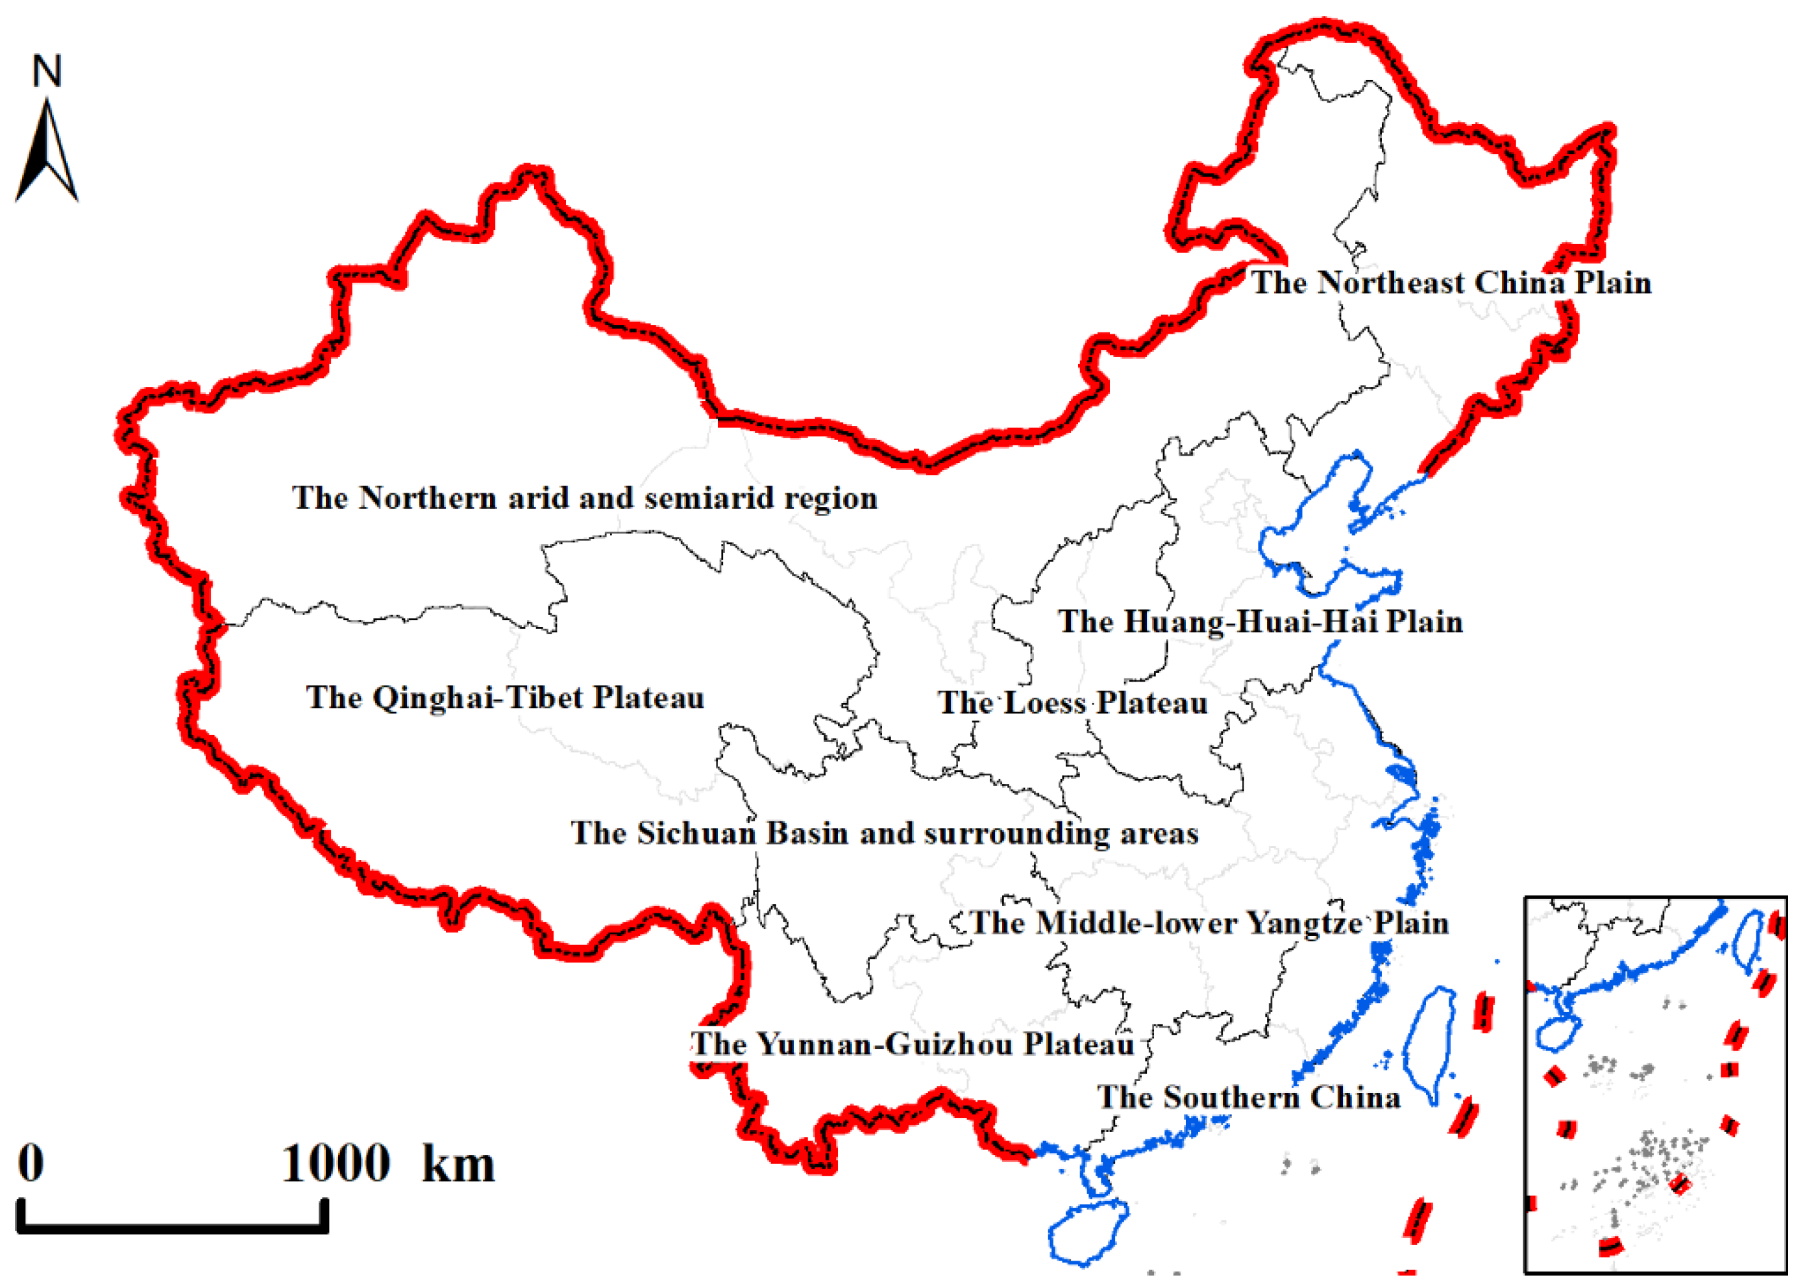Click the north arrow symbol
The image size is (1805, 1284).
tap(47, 154)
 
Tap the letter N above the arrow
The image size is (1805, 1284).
tap(47, 71)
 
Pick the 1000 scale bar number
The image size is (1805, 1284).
tap(336, 1163)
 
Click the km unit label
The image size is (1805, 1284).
tap(459, 1165)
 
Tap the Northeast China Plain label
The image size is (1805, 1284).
tap(1451, 283)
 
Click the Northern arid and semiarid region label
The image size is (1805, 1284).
tap(585, 498)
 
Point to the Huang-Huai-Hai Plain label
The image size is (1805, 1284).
tap(1260, 621)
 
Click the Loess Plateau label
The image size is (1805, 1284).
tap(1073, 703)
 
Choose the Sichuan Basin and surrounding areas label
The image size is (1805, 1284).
tap(885, 833)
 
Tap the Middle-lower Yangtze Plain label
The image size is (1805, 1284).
tap(1209, 922)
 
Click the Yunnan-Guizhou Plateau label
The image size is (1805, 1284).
tap(913, 1044)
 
